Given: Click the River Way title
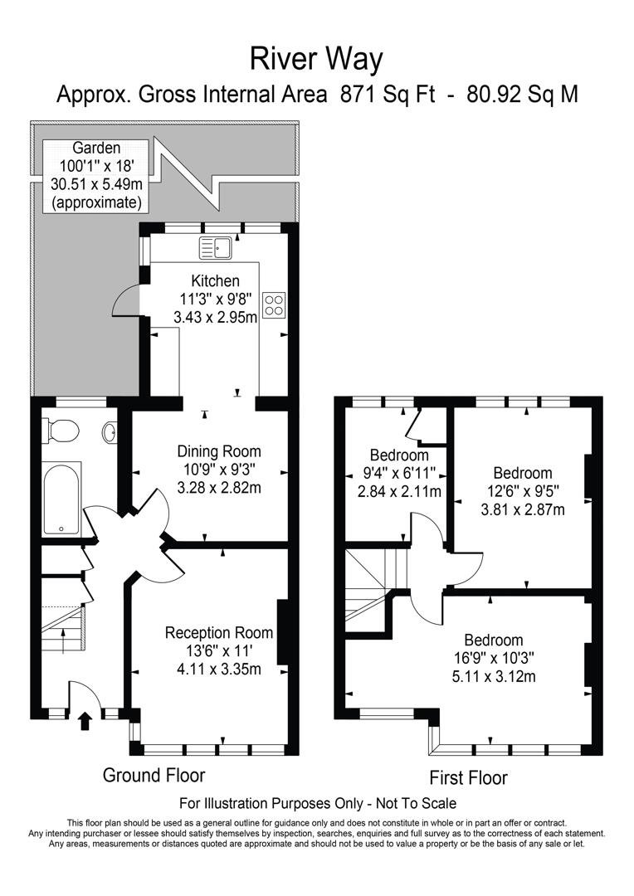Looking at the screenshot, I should point(316,59).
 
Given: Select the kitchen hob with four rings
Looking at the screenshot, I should point(273,304).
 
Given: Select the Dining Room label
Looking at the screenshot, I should point(219,452).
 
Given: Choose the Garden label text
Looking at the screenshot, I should point(95,147).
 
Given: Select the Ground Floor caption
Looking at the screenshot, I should point(154,775).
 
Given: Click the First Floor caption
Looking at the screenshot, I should point(468,777).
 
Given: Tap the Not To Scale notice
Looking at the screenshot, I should point(409,803).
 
